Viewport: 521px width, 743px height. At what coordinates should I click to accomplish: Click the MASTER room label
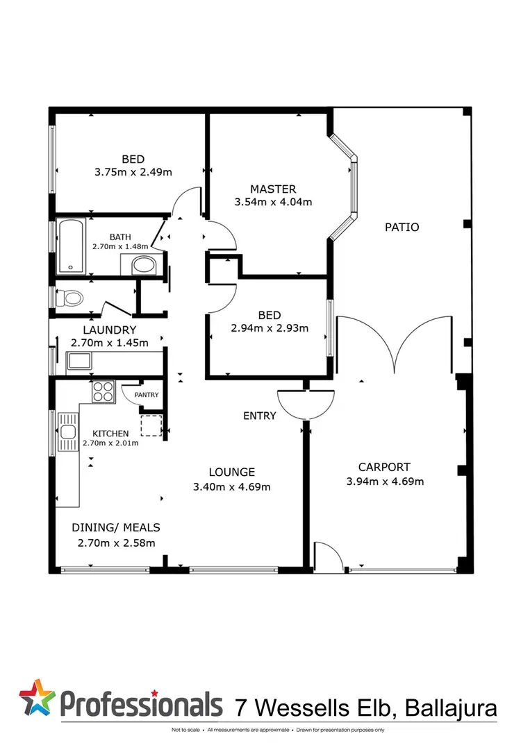click(x=273, y=189)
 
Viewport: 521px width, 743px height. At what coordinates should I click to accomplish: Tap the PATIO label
click(x=402, y=227)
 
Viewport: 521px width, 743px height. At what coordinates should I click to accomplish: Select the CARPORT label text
click(x=384, y=467)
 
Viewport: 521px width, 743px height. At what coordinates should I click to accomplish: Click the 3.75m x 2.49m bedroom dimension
click(x=133, y=172)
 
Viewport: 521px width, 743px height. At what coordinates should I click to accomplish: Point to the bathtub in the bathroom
click(x=72, y=246)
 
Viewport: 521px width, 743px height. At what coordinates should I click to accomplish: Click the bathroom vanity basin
click(x=144, y=264)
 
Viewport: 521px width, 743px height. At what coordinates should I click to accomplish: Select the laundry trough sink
click(x=78, y=361)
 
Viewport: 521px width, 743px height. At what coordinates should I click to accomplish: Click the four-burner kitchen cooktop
click(x=103, y=392)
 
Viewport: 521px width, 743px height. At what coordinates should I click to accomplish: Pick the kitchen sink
click(x=67, y=433)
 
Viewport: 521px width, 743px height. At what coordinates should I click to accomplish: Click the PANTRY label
click(x=147, y=395)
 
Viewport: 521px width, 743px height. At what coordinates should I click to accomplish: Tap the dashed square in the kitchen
click(x=151, y=425)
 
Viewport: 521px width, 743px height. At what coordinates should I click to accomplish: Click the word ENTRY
click(x=259, y=416)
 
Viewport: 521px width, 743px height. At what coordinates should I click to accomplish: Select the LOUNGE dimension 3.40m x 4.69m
click(x=231, y=486)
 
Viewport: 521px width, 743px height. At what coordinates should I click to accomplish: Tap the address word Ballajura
click(x=451, y=708)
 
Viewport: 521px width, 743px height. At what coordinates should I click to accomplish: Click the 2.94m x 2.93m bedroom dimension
click(x=270, y=328)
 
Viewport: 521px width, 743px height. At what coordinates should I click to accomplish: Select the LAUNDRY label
click(x=109, y=330)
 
